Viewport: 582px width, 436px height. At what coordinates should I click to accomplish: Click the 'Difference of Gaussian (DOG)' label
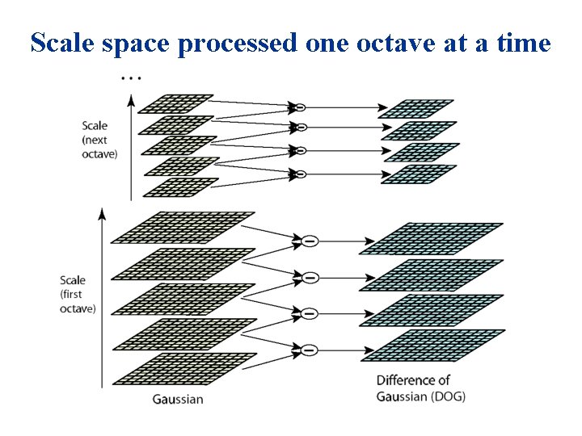pos(420,388)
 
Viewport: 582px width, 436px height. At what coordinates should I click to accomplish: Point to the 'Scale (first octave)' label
pos(78,294)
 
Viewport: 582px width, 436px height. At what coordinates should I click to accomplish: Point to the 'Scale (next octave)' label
pos(99,139)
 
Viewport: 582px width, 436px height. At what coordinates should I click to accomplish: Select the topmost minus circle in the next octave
pos(298,107)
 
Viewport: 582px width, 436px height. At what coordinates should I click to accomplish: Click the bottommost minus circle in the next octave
pos(299,174)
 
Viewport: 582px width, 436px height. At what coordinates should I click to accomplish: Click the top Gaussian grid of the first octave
pos(183,227)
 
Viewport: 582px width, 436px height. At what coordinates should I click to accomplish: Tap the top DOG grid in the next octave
pos(416,109)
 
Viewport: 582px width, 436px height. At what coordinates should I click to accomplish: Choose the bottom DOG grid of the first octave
pos(435,345)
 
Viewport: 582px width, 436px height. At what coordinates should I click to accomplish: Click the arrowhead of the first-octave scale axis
pos(101,212)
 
